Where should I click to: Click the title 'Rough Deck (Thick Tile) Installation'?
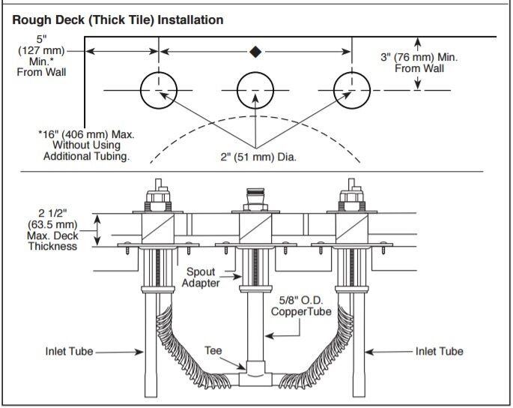118,20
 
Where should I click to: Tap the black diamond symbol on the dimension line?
255,52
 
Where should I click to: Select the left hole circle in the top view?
159,91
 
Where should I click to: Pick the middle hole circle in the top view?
255,91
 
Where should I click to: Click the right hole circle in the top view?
352,91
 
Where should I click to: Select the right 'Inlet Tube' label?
439,352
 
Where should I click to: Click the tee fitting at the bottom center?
255,370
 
